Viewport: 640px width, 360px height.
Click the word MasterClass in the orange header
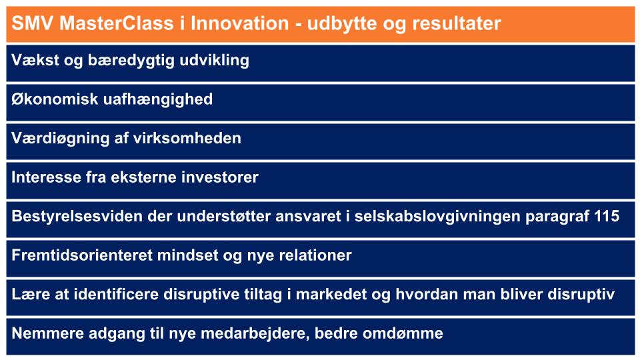click(116, 23)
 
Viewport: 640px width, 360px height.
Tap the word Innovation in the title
click(240, 23)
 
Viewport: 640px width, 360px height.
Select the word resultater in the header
click(456, 23)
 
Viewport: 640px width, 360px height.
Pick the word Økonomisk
click(55, 99)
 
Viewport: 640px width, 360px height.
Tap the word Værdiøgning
click(61, 139)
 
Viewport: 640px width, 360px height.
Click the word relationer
click(315, 255)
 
